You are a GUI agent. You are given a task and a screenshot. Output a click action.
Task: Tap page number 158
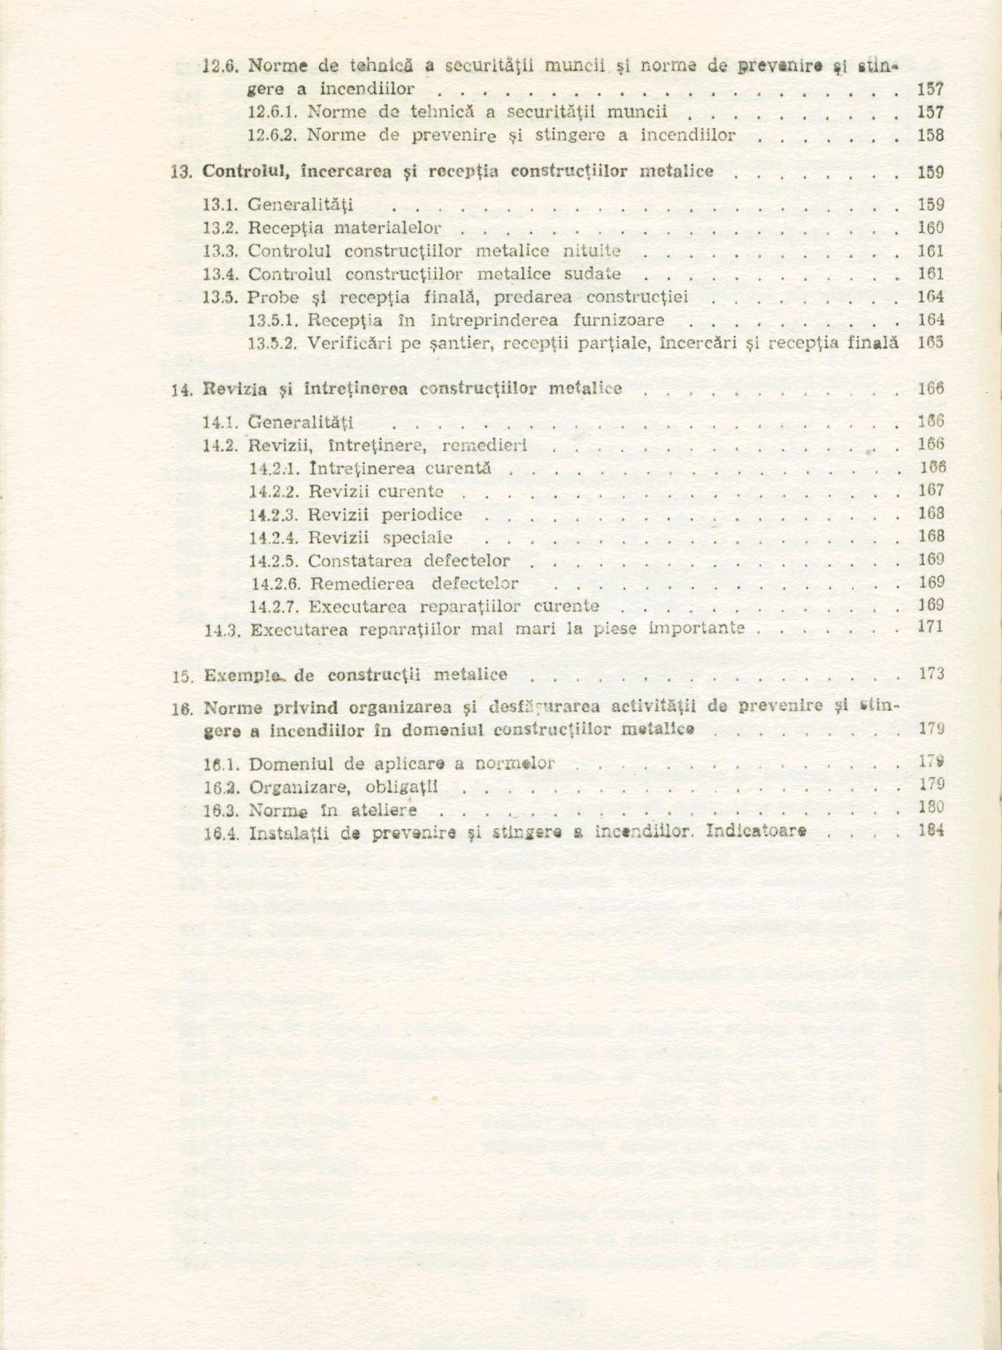(930, 136)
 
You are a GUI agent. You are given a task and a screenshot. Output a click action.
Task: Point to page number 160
(930, 228)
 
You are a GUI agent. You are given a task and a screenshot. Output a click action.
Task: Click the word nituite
(592, 251)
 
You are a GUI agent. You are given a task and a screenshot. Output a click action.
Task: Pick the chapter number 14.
(180, 390)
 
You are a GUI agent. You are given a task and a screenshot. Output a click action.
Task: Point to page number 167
(931, 490)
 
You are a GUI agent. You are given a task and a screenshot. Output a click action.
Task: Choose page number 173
(932, 674)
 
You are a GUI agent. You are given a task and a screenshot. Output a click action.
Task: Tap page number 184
(932, 831)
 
